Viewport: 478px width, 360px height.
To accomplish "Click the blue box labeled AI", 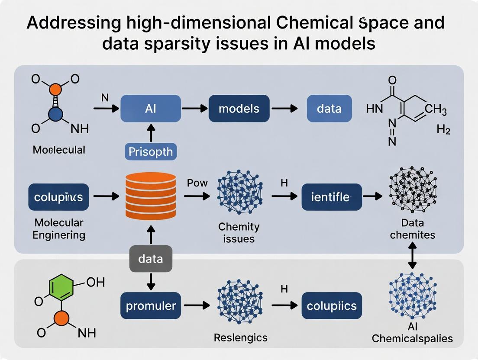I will coord(151,109).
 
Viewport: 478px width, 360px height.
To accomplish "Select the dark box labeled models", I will coord(239,109).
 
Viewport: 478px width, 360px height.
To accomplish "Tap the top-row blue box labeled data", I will coord(329,109).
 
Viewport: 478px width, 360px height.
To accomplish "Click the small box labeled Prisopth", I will coord(151,152).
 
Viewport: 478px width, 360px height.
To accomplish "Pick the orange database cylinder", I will coord(151,196).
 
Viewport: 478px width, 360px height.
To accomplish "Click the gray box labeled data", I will coord(151,259).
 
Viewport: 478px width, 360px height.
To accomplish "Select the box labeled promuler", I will coord(151,306).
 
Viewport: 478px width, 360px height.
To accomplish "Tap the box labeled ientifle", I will coord(331,197).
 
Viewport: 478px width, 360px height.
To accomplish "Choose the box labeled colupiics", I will coord(331,306).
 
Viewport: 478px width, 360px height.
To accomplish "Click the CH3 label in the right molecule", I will coord(436,109).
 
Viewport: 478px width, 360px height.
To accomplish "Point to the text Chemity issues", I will coord(239,232).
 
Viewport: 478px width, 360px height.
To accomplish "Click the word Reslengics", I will coord(241,337).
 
